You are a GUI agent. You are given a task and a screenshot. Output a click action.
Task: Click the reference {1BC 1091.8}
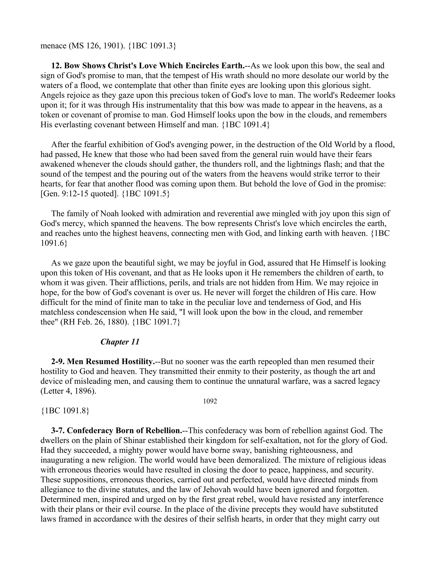point(65,411)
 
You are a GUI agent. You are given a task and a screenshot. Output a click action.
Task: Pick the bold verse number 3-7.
point(58,431)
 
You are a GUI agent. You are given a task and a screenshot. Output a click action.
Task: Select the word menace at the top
point(53,46)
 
